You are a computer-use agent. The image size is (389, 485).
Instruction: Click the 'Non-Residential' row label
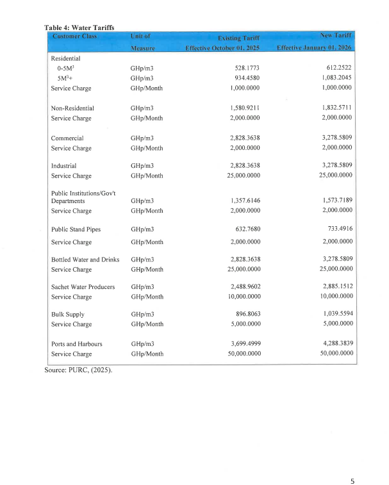click(72, 108)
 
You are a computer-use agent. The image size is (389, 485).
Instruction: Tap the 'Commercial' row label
click(67, 138)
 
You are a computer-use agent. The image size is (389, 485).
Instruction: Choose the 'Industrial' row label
click(64, 166)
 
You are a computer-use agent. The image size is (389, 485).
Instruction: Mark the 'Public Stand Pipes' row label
click(76, 228)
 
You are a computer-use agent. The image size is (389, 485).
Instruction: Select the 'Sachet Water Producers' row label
click(83, 287)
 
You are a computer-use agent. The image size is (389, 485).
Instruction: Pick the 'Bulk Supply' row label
click(67, 315)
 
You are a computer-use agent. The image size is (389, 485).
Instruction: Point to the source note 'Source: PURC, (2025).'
click(79, 368)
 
